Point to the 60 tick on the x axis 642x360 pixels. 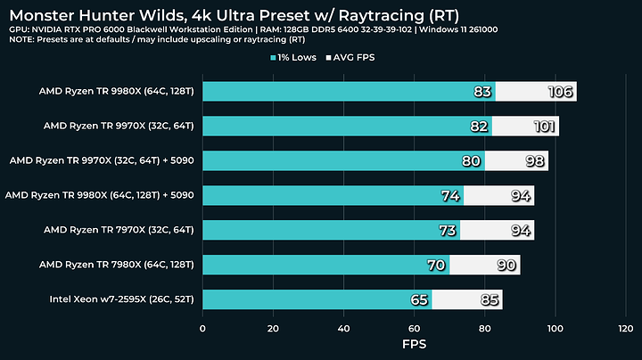(415, 327)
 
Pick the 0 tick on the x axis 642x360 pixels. (203, 327)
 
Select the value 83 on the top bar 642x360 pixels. (483, 92)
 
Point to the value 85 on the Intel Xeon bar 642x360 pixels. (489, 299)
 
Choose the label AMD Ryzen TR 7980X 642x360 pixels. (117, 265)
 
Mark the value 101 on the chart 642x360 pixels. (545, 127)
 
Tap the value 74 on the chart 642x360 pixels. (451, 195)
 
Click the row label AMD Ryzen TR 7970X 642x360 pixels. (119, 230)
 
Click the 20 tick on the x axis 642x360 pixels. (274, 327)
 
